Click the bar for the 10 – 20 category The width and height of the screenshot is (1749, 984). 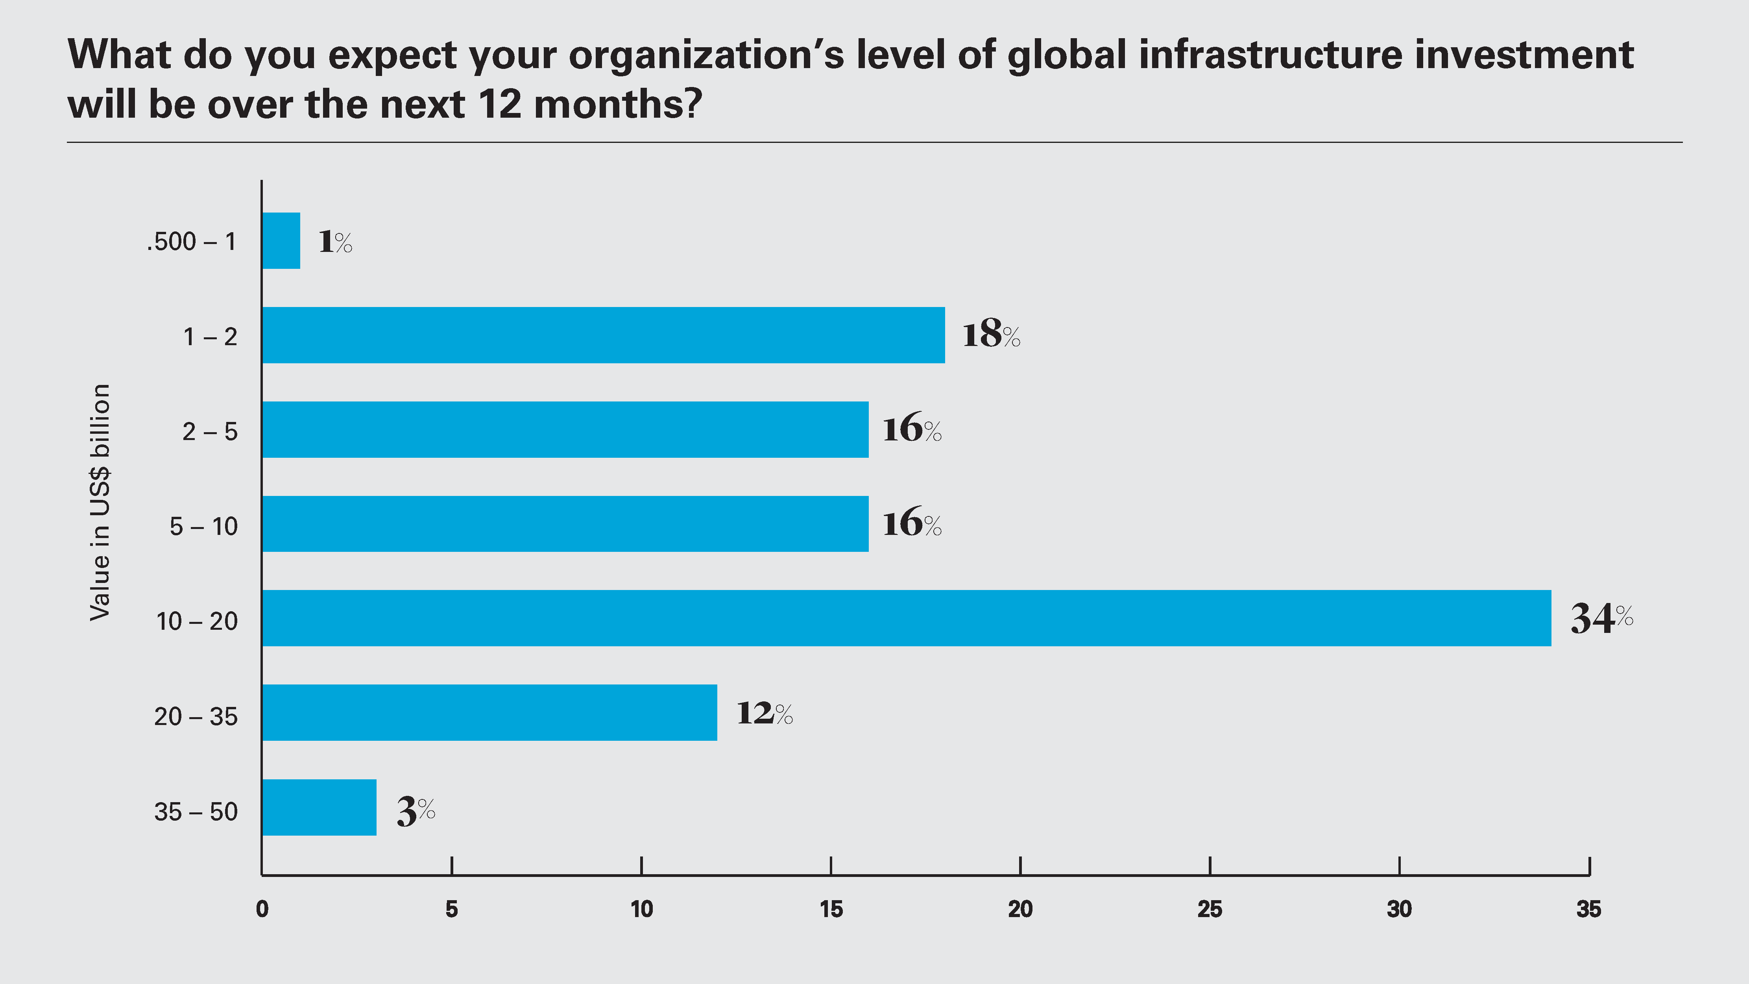(x=907, y=618)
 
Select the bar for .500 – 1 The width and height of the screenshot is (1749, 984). (x=281, y=240)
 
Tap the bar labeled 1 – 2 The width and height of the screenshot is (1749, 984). (x=603, y=335)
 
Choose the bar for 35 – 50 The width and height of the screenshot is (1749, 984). (x=319, y=807)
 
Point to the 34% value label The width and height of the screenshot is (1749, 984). (x=1601, y=618)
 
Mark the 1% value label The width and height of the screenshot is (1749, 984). (x=335, y=242)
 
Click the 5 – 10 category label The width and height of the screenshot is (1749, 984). (x=204, y=526)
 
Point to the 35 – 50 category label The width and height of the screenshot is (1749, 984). (x=196, y=812)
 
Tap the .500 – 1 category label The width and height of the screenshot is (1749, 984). (x=192, y=242)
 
